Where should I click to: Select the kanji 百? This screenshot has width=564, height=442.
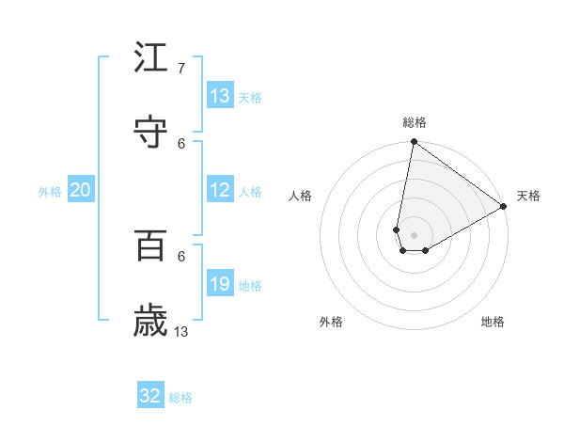pos(151,245)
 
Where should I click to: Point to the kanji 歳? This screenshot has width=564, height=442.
pos(151,321)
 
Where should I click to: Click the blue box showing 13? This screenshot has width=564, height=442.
pos(220,96)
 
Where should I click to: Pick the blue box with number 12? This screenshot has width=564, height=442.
pos(220,190)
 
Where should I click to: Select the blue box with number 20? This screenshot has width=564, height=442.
pos(81,190)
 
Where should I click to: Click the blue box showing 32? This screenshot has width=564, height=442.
pos(150,396)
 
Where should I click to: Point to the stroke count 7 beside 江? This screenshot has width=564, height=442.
pos(180,68)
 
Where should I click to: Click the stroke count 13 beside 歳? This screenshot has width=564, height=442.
pos(181,331)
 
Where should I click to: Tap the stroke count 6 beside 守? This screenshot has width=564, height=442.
pos(181,143)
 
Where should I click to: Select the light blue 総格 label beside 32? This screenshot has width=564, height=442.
pos(181,398)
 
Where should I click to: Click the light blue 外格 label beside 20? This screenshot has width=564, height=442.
pos(50,192)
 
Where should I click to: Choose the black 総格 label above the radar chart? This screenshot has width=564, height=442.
pos(415,122)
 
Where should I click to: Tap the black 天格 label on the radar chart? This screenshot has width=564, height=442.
pos(529,196)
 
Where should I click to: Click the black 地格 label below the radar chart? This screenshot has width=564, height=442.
pos(493,322)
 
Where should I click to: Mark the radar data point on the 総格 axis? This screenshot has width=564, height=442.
pos(414,143)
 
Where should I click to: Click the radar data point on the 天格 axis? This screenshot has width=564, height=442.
pos(505,207)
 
